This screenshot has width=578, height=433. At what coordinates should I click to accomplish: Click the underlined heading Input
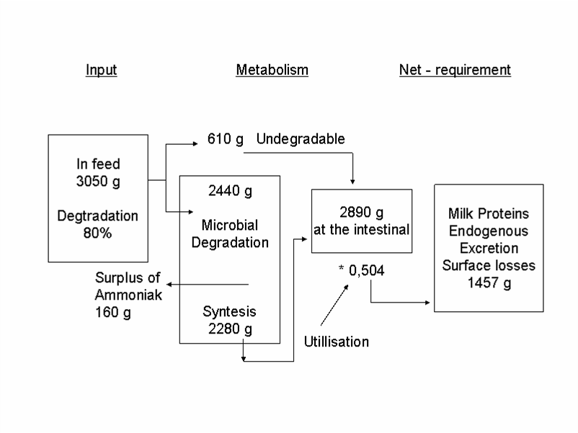point(101,70)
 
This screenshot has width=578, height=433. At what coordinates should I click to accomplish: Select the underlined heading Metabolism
point(272,70)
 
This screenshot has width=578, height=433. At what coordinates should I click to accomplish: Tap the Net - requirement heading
point(455,70)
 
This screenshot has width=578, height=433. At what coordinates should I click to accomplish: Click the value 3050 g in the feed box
point(98,182)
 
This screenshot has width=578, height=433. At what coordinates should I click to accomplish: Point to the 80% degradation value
point(98,233)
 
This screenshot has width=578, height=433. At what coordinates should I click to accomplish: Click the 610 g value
point(226,139)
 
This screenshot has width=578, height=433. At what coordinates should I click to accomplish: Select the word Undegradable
point(301,139)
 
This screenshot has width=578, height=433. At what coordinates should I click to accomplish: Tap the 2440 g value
point(230,191)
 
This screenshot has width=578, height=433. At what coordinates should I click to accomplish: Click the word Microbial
point(230,226)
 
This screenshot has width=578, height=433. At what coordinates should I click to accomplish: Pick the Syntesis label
point(229,313)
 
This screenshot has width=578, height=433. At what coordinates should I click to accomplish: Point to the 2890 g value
point(361,213)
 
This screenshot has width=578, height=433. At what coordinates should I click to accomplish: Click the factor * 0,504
point(361,270)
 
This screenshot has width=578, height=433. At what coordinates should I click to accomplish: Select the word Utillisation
point(336,342)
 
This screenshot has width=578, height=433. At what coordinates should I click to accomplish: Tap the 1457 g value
point(489,282)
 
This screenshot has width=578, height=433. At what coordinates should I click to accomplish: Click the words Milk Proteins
point(489,213)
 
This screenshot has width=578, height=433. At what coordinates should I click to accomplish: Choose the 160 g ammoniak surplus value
point(110,313)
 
